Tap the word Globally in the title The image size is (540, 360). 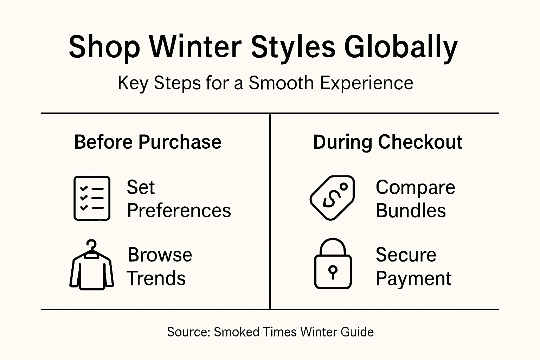click(400, 47)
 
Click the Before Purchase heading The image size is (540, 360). click(148, 142)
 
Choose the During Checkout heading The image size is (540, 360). click(387, 142)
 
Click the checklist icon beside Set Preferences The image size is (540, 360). click(92, 198)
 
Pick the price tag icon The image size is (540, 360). click(332, 198)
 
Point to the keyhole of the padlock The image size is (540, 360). click(333, 271)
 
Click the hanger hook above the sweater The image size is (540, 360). click(92, 244)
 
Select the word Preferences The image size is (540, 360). click(179, 211)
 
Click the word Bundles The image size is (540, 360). click(411, 211)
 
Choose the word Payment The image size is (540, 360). click(413, 278)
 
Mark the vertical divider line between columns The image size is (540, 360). click(270, 211)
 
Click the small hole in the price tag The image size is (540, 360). click(343, 187)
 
